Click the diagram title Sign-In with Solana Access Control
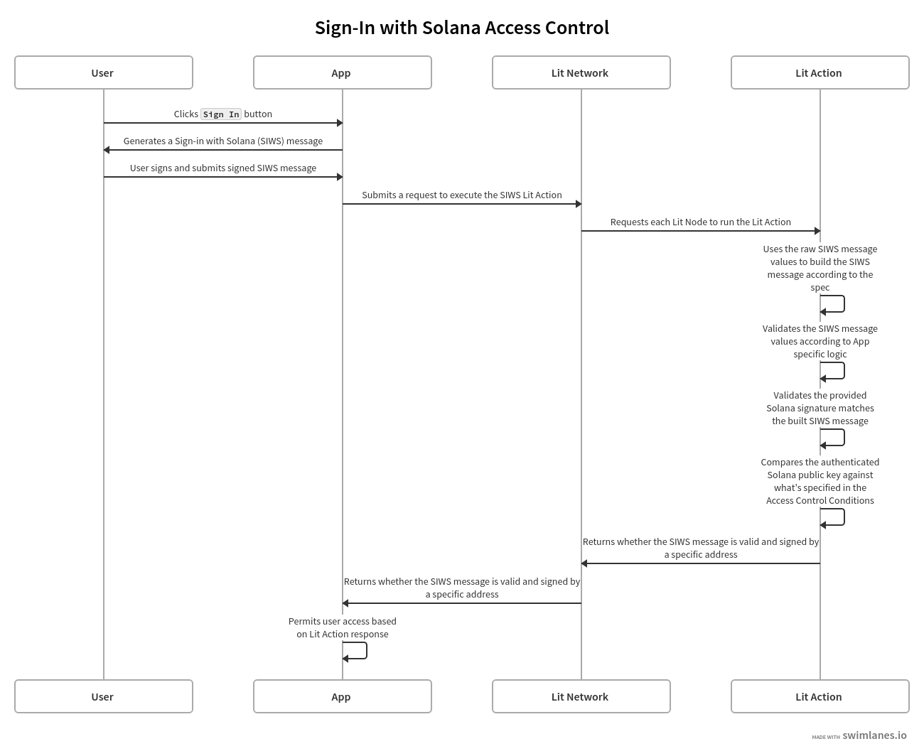pos(462,28)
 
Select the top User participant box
pos(104,72)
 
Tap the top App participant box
pos(343,72)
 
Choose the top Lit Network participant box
pos(581,72)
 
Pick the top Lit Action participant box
pos(820,72)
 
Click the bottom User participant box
pos(104,696)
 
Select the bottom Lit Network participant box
pos(581,696)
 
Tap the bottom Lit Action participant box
pos(820,696)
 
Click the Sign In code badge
pos(221,114)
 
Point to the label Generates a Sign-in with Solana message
pos(223,141)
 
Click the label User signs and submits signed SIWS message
pos(223,168)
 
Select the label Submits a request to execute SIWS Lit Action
pos(462,195)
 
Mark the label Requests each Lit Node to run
pos(701,222)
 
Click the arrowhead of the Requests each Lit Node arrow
pos(817,231)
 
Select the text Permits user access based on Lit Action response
pos(343,627)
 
